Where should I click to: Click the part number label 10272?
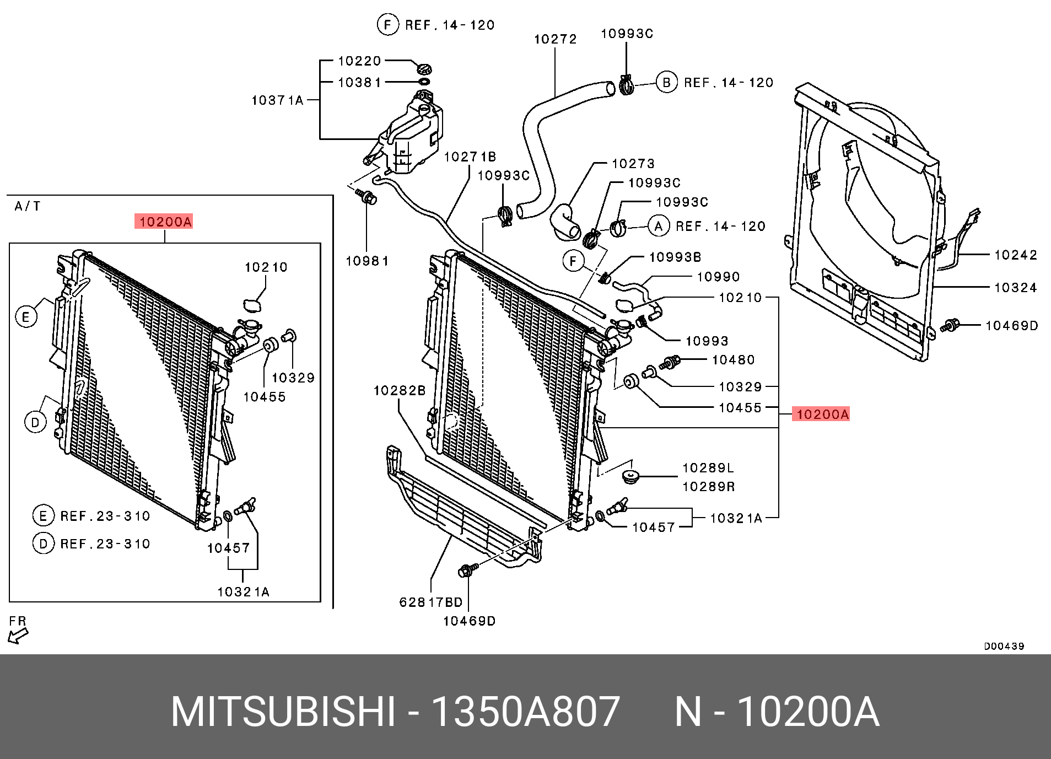click(x=555, y=39)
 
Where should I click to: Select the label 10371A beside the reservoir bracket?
click(x=277, y=100)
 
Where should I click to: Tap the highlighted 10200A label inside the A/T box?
click(x=164, y=222)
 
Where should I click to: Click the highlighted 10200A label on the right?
click(x=821, y=414)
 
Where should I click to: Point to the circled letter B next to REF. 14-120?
click(x=666, y=83)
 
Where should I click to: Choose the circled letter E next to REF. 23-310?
click(x=43, y=516)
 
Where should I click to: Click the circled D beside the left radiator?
click(x=35, y=423)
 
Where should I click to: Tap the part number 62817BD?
click(x=430, y=602)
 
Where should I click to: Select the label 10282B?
click(x=399, y=391)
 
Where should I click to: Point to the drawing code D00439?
click(x=1004, y=646)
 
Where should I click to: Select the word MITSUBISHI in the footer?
click(x=283, y=712)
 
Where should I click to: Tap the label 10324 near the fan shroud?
click(x=1015, y=288)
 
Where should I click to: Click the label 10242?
click(x=1015, y=255)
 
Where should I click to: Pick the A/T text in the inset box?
click(x=27, y=207)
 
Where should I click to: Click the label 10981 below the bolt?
click(x=367, y=261)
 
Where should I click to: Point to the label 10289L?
click(x=708, y=468)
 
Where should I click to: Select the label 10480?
click(x=733, y=360)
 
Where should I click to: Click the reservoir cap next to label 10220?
click(x=423, y=69)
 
